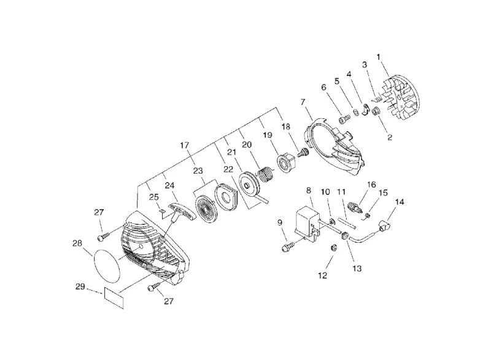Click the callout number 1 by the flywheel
378,57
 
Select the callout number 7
303,102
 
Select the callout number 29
80,286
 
